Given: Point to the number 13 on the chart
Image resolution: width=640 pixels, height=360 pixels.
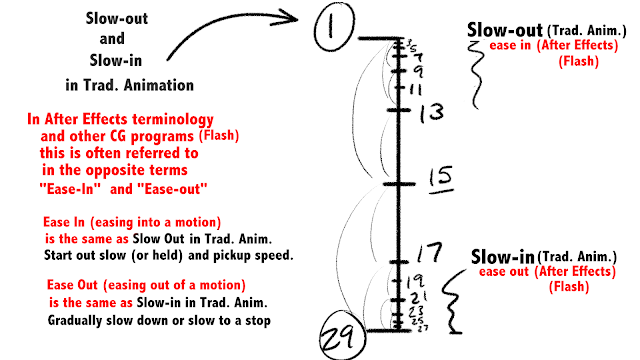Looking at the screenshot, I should [x=431, y=112].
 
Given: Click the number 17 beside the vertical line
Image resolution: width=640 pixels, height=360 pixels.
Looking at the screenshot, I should [x=429, y=251].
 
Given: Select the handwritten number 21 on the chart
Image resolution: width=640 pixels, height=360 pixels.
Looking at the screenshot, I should [x=418, y=297].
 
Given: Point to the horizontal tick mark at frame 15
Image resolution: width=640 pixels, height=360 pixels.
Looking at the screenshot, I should [x=398, y=184].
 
